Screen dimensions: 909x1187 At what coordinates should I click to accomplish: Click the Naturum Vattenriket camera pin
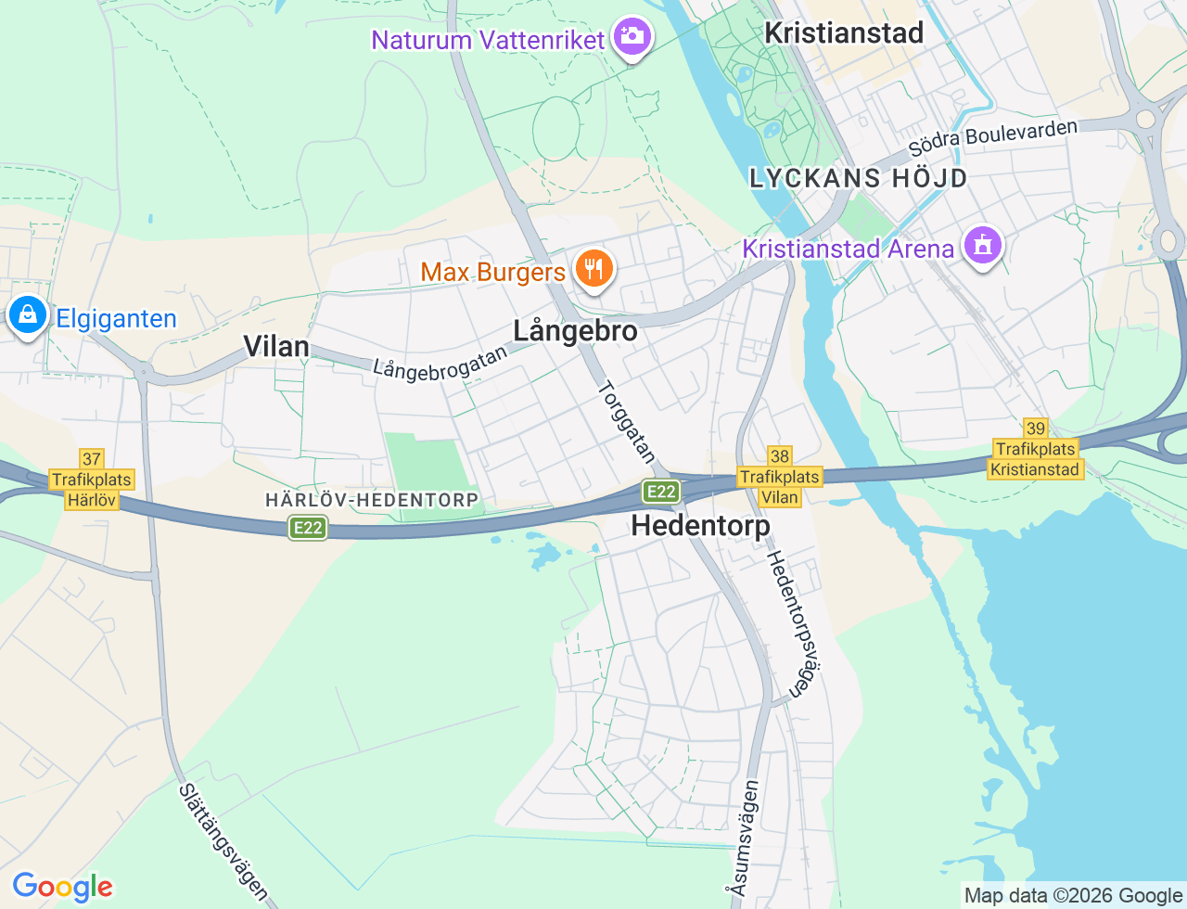tap(633, 37)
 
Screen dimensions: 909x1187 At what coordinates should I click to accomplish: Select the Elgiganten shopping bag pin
tap(28, 315)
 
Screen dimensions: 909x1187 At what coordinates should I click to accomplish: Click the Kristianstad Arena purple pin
tap(982, 246)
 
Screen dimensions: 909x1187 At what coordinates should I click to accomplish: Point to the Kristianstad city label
tap(844, 33)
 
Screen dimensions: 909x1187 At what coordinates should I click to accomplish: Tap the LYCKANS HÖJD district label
tap(859, 178)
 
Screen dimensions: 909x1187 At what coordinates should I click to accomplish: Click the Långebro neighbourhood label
tap(575, 331)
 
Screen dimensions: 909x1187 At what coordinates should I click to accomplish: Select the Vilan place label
tap(275, 347)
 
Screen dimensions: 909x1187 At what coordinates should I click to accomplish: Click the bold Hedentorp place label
tap(700, 526)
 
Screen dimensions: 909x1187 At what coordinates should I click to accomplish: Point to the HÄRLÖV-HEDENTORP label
tap(372, 500)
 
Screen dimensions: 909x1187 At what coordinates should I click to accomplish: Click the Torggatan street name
tap(628, 422)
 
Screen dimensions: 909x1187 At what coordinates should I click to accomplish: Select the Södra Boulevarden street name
tap(992, 138)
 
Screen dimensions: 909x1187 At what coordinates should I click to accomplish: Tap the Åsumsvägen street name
tap(744, 838)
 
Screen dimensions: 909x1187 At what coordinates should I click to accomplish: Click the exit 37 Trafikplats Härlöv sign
tap(92, 480)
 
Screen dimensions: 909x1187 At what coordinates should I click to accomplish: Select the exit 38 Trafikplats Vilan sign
tap(780, 477)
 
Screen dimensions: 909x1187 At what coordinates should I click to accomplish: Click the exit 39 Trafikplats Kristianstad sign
tap(1035, 449)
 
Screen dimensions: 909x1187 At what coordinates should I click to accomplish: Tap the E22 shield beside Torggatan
tap(661, 491)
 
